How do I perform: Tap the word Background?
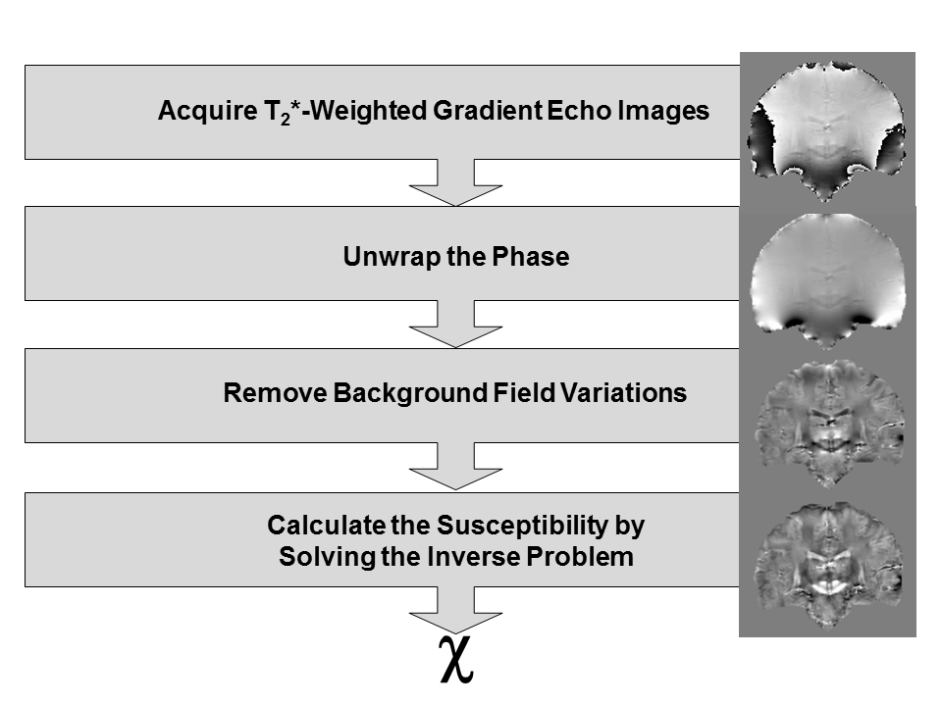(407, 394)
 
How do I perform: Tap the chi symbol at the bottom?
(457, 659)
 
